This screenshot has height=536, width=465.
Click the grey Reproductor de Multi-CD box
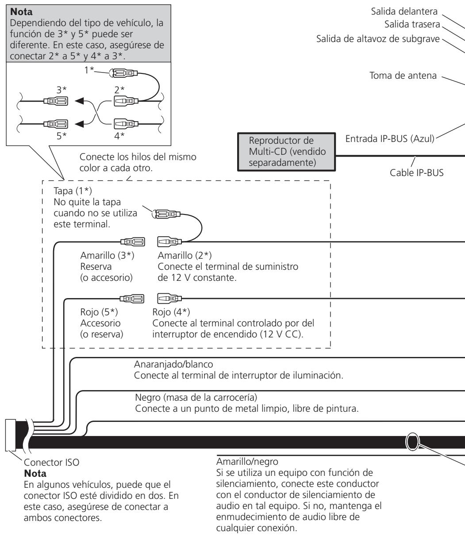286,152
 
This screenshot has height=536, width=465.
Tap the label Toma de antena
403,76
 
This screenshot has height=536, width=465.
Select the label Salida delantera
404,11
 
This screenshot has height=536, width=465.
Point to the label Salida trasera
412,24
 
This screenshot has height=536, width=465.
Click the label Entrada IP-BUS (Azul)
390,139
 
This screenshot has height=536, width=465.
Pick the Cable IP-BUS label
416,173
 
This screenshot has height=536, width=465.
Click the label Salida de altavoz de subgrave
378,39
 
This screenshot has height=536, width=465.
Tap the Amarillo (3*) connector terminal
133,241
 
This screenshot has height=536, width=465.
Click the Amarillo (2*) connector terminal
169,241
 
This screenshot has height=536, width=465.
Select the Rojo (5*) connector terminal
132,299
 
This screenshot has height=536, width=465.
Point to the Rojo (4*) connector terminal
169,299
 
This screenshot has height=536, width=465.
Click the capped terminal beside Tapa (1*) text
166,214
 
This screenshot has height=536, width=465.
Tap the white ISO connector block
11,435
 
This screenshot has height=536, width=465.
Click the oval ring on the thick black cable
412,441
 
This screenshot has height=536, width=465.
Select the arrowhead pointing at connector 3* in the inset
79,101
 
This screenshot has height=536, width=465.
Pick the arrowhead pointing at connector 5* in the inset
79,124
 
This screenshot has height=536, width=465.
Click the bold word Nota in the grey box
21,11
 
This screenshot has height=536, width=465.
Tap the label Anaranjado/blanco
173,364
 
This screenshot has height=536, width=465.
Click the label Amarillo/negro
247,462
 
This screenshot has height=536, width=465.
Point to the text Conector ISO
51,462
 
